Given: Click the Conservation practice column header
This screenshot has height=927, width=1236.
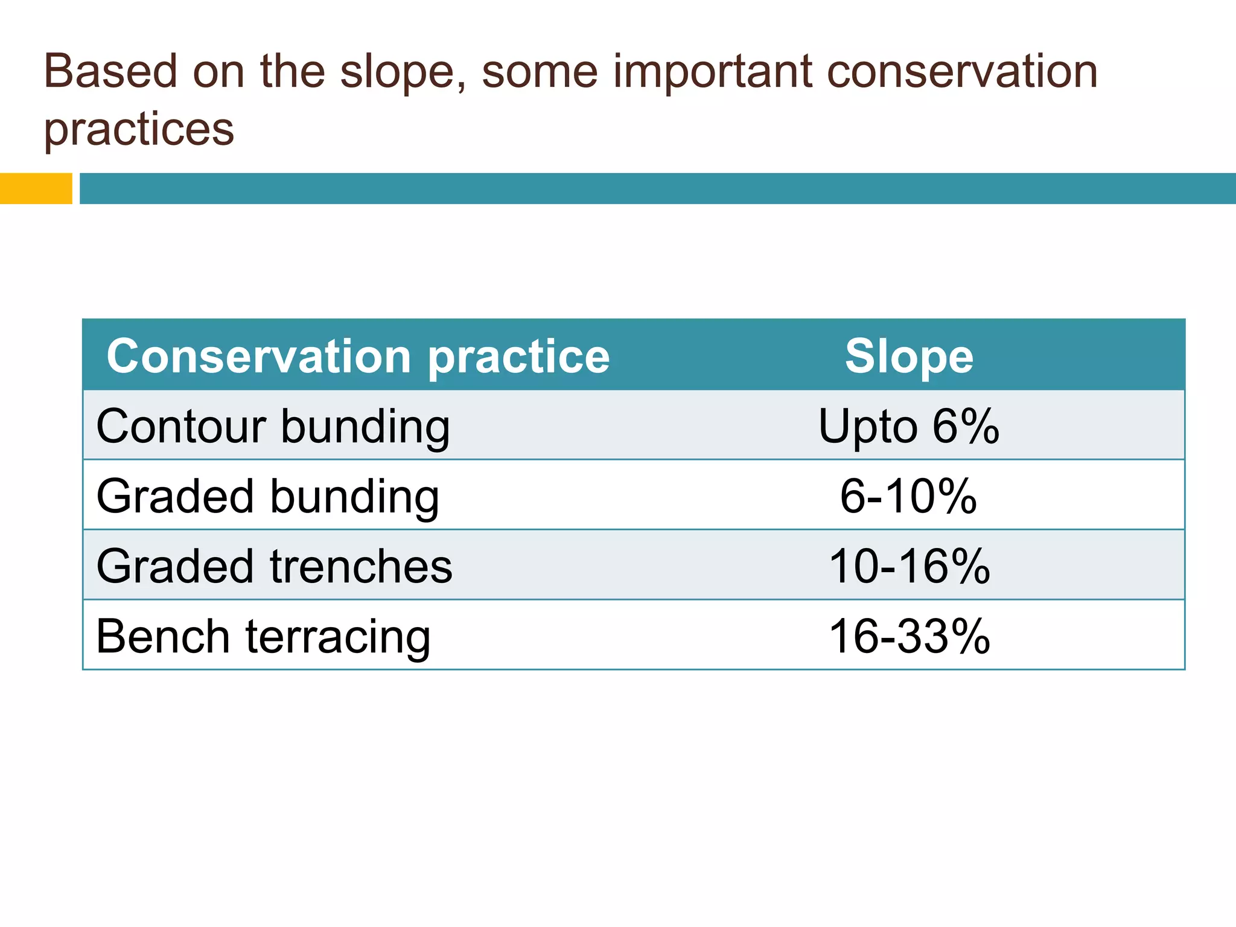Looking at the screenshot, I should click(x=358, y=356).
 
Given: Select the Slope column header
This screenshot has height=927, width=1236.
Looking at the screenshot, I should click(x=909, y=356).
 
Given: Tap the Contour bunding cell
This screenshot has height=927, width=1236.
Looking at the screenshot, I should click(x=273, y=426).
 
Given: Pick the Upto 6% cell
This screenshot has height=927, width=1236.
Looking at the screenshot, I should click(x=909, y=426).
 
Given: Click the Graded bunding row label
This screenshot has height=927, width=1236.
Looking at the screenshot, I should click(x=267, y=496).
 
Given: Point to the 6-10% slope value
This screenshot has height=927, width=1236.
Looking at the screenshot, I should click(x=909, y=496).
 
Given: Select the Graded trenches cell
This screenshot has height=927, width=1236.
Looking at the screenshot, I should click(x=274, y=566).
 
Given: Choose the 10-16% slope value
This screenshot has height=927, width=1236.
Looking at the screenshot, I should click(x=909, y=566).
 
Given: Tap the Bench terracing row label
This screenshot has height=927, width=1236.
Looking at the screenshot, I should click(x=263, y=636).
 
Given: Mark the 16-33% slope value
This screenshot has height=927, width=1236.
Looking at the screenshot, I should click(x=909, y=636).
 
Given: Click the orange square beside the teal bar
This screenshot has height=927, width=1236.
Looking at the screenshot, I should click(x=36, y=188).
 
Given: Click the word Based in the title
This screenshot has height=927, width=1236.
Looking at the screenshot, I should click(x=110, y=71).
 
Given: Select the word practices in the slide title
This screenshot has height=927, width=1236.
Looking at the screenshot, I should click(x=139, y=129).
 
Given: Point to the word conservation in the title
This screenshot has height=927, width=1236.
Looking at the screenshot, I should click(x=962, y=71).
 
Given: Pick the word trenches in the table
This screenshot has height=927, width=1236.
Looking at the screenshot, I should click(x=361, y=566).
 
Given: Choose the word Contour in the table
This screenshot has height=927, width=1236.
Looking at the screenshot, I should click(x=181, y=426).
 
